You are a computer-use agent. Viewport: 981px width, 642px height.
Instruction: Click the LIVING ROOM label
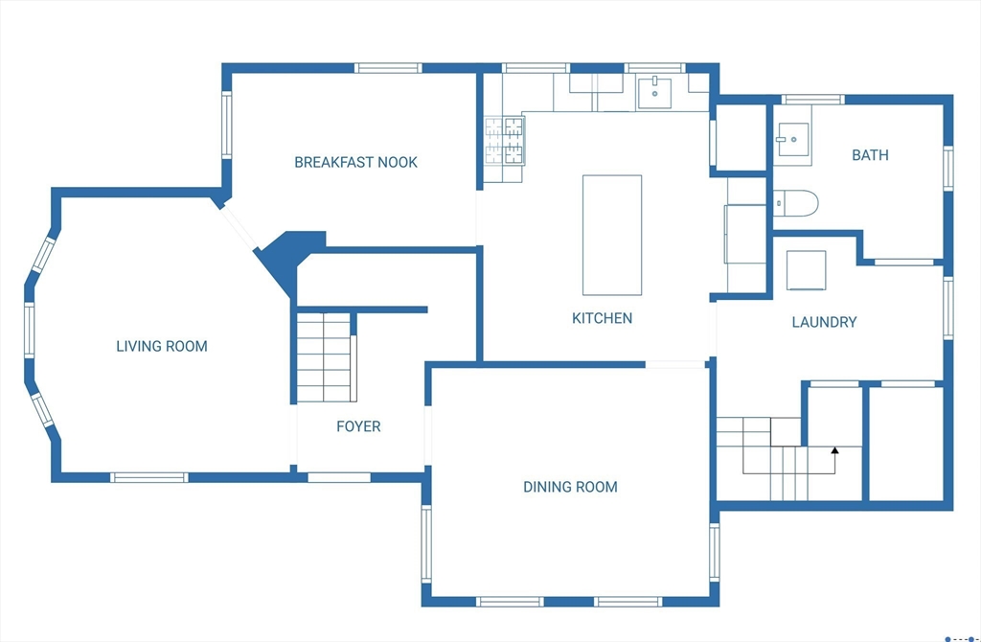(161, 346)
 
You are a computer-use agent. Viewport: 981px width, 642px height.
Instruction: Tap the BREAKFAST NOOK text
(355, 163)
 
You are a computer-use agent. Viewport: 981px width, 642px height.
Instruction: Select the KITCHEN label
(602, 318)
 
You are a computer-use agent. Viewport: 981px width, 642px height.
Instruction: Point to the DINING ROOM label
(570, 487)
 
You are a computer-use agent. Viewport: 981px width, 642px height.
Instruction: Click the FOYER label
(358, 426)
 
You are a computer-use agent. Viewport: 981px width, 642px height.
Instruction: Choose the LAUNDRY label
(824, 322)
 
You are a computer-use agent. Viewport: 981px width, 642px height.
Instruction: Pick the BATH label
(870, 155)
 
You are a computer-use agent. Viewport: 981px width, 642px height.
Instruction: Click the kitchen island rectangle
(612, 236)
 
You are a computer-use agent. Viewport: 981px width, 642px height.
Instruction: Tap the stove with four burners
(504, 142)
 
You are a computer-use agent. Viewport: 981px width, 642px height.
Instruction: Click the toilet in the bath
(795, 203)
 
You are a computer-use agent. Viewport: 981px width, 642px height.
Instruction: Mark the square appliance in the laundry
(806, 270)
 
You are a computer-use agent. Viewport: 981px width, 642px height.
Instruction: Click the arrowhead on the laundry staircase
(834, 449)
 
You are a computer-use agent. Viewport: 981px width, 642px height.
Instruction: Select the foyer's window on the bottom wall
(339, 477)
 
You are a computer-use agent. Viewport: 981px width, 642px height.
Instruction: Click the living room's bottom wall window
(148, 477)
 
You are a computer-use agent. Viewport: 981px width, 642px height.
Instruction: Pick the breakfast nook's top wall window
(388, 68)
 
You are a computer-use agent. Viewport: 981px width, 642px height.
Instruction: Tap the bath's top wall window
(812, 100)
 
